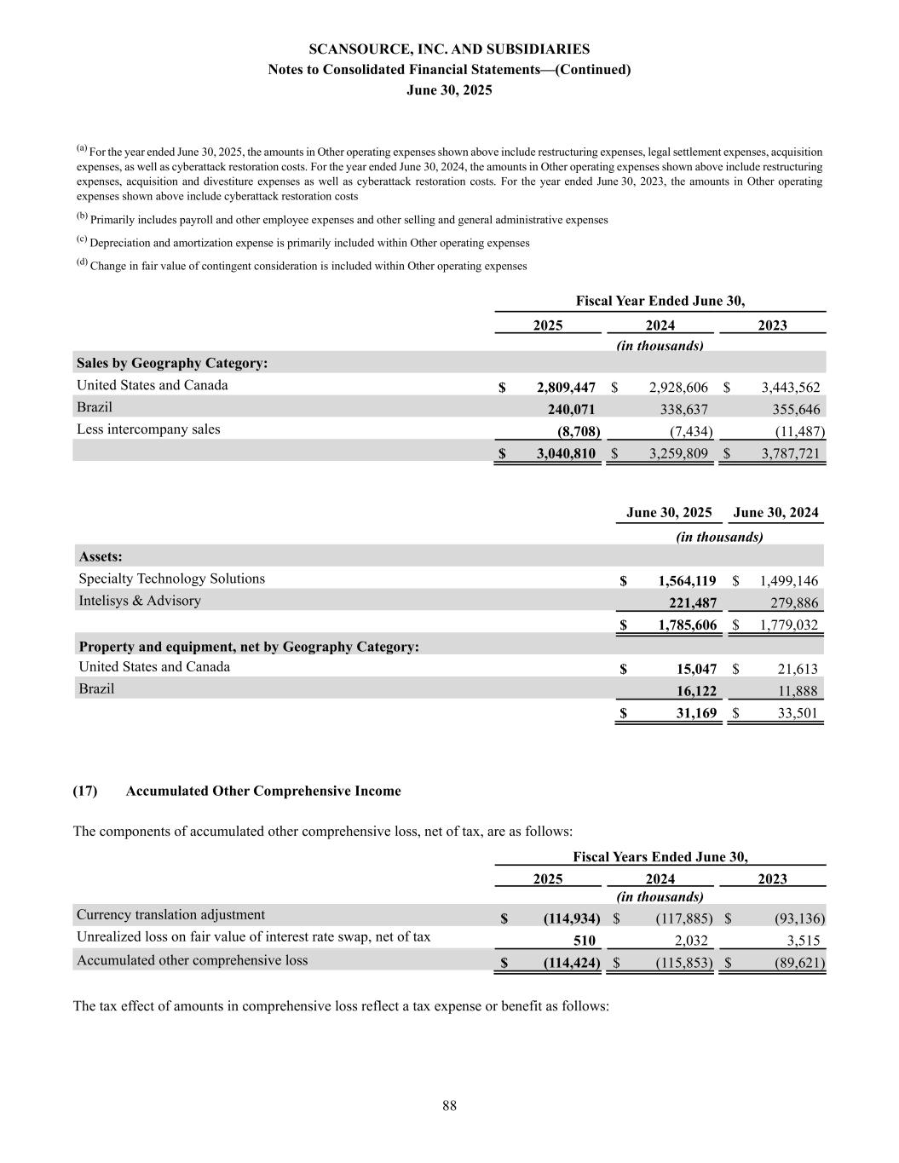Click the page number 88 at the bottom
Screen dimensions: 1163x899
449,1106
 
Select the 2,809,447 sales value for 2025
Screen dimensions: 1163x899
566,388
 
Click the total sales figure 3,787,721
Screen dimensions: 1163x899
790,454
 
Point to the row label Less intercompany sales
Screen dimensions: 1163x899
148,429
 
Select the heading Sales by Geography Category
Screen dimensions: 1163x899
172,364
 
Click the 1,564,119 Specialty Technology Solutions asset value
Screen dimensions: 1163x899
687,581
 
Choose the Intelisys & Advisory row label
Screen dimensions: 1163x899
140,601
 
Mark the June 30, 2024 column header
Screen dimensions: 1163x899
775,513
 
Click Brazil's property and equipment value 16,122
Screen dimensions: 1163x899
696,691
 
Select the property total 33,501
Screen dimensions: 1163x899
798,713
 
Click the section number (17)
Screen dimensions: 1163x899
85,791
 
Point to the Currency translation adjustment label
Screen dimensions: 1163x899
170,915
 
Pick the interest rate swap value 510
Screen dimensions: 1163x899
583,941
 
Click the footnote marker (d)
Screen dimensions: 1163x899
82,263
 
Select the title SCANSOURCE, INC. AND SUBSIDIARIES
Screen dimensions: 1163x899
449,49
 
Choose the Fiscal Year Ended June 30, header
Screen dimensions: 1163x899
660,302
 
